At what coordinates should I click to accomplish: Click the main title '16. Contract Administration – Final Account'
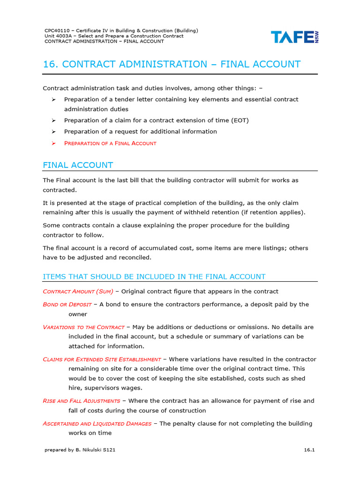(172, 64)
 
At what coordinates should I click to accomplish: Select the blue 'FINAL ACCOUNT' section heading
(78, 165)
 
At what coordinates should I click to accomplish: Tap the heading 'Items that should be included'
(154, 277)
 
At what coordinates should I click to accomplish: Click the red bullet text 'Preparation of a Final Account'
(110, 143)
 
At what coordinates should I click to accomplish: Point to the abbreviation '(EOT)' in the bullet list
(240, 120)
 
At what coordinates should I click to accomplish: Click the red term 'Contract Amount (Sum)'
(78, 292)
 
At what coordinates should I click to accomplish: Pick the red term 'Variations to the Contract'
(83, 327)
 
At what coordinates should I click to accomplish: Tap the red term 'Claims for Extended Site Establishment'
(102, 360)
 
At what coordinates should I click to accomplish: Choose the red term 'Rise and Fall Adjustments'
(82, 401)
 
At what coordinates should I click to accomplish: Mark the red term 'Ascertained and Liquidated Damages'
(97, 424)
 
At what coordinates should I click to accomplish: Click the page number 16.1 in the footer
(309, 450)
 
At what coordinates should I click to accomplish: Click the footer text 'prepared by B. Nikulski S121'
(80, 450)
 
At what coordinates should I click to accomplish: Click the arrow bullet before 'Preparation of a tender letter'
(53, 99)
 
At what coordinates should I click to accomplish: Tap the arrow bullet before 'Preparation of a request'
(53, 132)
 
